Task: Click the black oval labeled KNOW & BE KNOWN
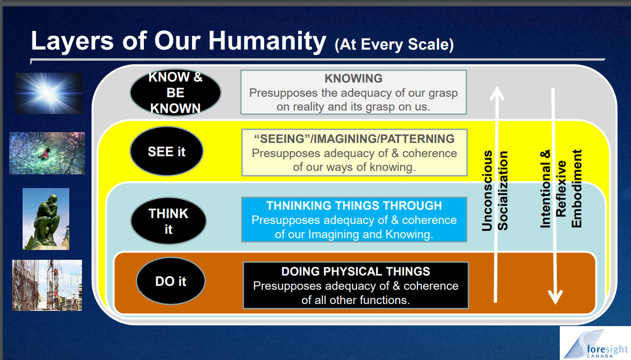(175, 93)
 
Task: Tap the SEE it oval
(166, 151)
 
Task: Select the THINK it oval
(168, 221)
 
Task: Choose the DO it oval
(171, 281)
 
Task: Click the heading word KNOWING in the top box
(354, 78)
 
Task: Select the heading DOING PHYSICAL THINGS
(356, 272)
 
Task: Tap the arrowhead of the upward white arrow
(497, 93)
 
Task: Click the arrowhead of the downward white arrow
(555, 297)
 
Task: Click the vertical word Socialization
(503, 191)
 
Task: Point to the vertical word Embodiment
(576, 189)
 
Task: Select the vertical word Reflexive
(561, 189)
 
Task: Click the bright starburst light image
(49, 93)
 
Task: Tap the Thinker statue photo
(46, 219)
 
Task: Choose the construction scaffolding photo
(47, 285)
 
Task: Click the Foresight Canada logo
(595, 343)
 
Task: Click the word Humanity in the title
(267, 41)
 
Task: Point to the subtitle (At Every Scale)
(394, 45)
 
